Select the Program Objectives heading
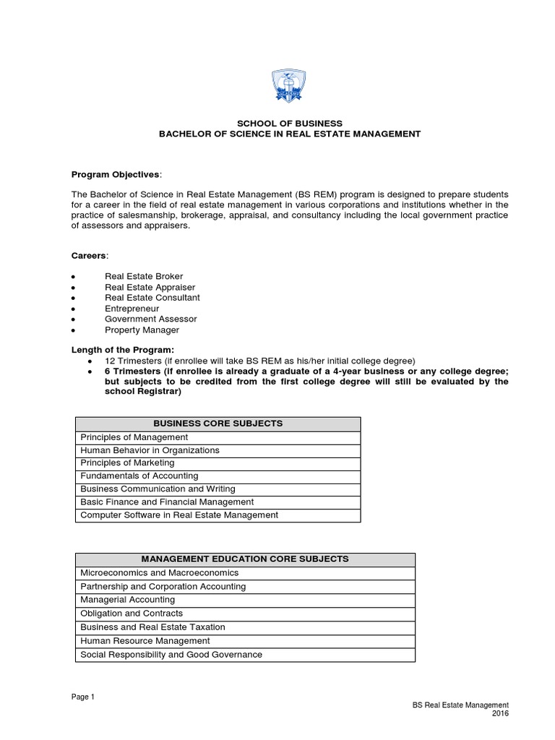pos(116,174)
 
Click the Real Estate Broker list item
pos(144,276)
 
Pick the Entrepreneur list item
pos(132,309)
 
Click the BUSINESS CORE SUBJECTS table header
pos(218,423)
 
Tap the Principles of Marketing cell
pos(127,463)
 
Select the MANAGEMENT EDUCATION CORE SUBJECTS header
pos(245,559)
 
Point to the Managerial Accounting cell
pos(127,600)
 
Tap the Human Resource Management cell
pos(145,641)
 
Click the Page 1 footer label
pos(82,697)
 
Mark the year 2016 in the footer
pos(500,714)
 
